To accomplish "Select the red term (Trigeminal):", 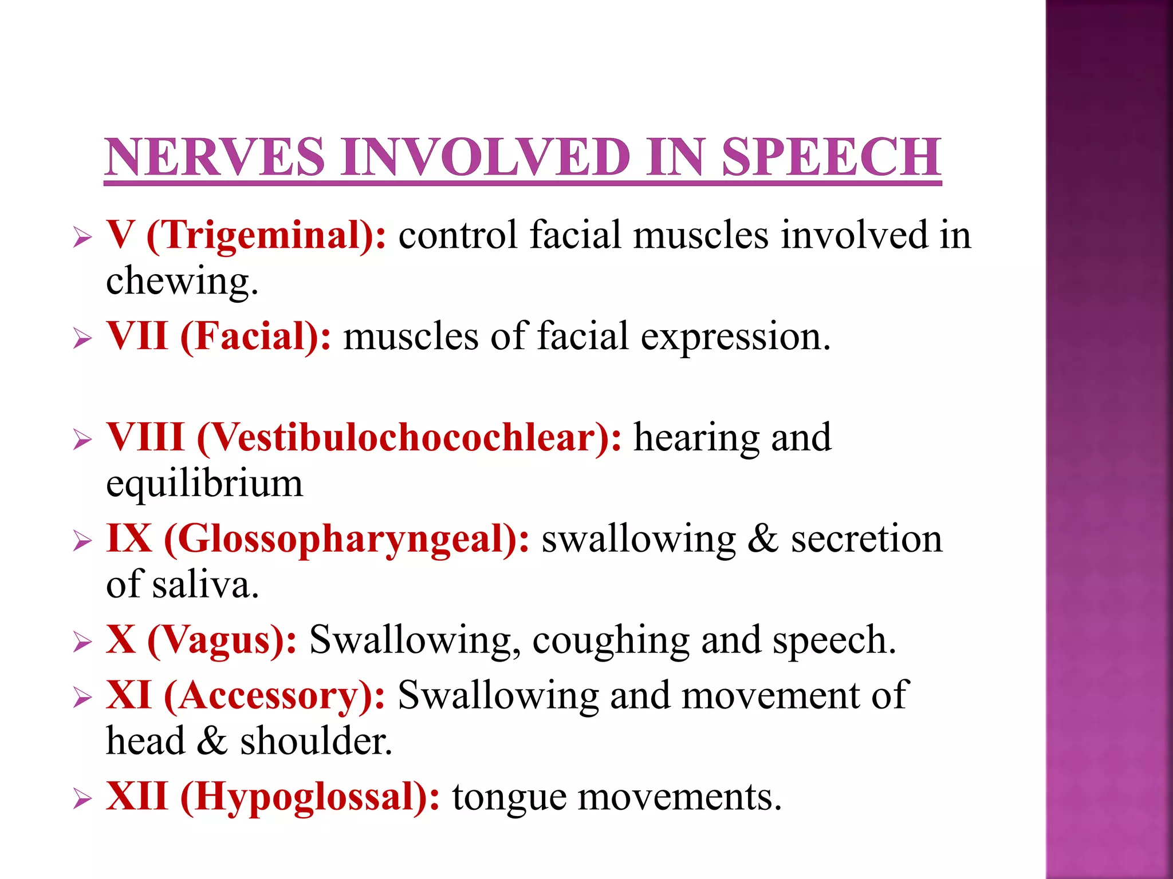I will pyautogui.click(x=266, y=235).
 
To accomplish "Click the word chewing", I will pyautogui.click(x=182, y=282).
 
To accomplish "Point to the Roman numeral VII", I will pyautogui.click(x=137, y=336).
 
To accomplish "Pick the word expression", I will pyautogui.click(x=735, y=337).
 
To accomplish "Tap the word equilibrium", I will pyautogui.click(x=204, y=484).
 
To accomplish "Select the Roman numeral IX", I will pyautogui.click(x=129, y=539).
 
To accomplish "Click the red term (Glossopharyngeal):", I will pyautogui.click(x=347, y=540).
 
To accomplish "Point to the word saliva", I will pyautogui.click(x=205, y=585).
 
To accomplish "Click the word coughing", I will pyautogui.click(x=611, y=641).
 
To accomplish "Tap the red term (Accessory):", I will pyautogui.click(x=274, y=696).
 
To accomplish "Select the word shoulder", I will pyautogui.click(x=316, y=742).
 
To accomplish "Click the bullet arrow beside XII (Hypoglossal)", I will pyautogui.click(x=82, y=799).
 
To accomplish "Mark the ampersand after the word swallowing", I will pyautogui.click(x=762, y=539).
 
